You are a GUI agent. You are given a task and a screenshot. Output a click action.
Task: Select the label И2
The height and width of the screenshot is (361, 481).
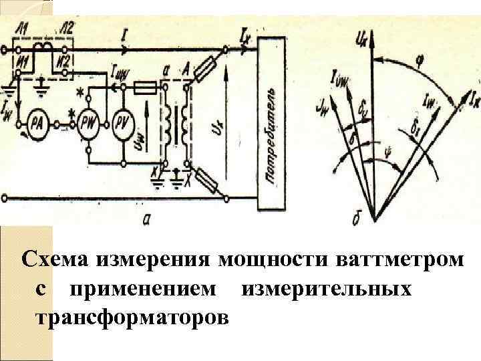click(64, 62)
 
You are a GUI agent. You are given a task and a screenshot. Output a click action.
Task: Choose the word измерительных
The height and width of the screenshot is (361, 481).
click(327, 289)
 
